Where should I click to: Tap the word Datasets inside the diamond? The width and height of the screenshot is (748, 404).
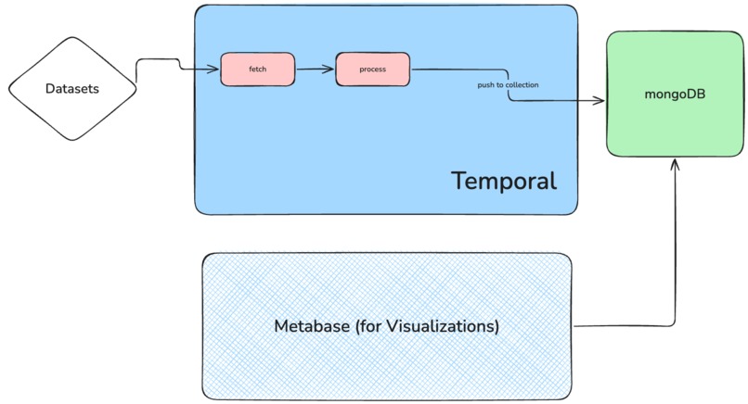click(72, 89)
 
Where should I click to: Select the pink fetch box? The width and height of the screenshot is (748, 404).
click(257, 69)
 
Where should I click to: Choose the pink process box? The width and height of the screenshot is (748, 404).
click(372, 69)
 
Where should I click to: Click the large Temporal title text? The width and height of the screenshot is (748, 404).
click(504, 180)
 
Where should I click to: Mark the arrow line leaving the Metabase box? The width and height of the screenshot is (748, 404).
click(631, 325)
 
